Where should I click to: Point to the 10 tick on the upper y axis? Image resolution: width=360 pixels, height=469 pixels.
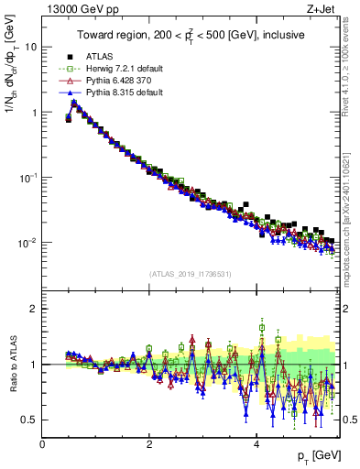[x=29, y=47]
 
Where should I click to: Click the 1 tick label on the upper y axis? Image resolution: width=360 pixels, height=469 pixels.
[x=33, y=113]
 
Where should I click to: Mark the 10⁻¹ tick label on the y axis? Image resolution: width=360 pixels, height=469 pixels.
[x=27, y=178]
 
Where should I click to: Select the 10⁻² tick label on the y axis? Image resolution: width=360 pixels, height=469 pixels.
[x=27, y=243]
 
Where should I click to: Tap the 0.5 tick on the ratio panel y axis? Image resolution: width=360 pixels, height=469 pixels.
[x=29, y=420]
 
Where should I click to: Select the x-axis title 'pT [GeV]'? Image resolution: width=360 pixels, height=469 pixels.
[x=317, y=455]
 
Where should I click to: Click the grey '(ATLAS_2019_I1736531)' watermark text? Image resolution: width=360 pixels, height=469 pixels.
[x=190, y=274]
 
